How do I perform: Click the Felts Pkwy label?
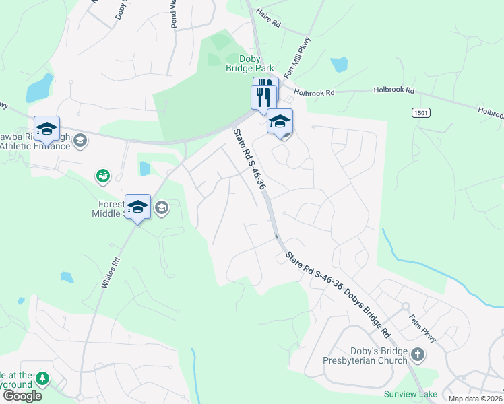tap(422, 327)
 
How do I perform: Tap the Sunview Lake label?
tap(410, 394)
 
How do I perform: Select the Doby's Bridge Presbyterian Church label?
tap(369, 355)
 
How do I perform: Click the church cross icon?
tap(418, 354)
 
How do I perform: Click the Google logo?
tap(22, 395)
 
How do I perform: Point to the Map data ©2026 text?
tap(475, 398)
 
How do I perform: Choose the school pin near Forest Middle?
tap(137, 207)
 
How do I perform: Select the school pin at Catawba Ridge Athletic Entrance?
tap(46, 129)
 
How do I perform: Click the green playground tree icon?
tap(43, 379)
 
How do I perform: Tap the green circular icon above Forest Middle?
tap(103, 176)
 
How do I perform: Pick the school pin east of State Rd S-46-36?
tap(280, 122)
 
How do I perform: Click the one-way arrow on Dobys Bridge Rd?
tap(276, 235)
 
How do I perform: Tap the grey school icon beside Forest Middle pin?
tap(161, 208)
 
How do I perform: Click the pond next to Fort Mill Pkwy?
tap(339, 65)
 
